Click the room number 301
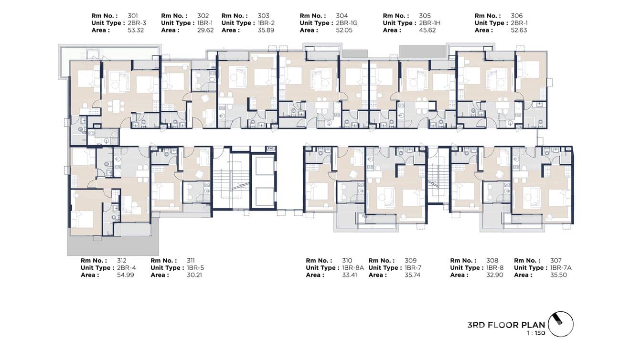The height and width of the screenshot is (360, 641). point(132,16)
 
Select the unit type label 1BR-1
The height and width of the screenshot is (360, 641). point(203,23)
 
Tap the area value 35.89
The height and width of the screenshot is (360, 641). point(267,30)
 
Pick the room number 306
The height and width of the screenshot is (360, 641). point(516,16)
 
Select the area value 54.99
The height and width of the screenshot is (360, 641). point(126,275)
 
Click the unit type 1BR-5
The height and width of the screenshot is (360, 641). point(195,268)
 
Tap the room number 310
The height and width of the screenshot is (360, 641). point(347,261)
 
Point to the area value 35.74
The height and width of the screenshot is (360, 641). point(412,275)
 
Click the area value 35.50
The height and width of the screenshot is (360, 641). point(558,275)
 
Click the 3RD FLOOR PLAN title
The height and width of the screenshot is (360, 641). point(506,325)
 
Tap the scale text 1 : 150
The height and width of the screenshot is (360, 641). point(534,333)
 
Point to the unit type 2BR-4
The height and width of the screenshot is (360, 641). point(127,268)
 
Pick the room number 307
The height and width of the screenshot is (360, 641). point(556,261)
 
